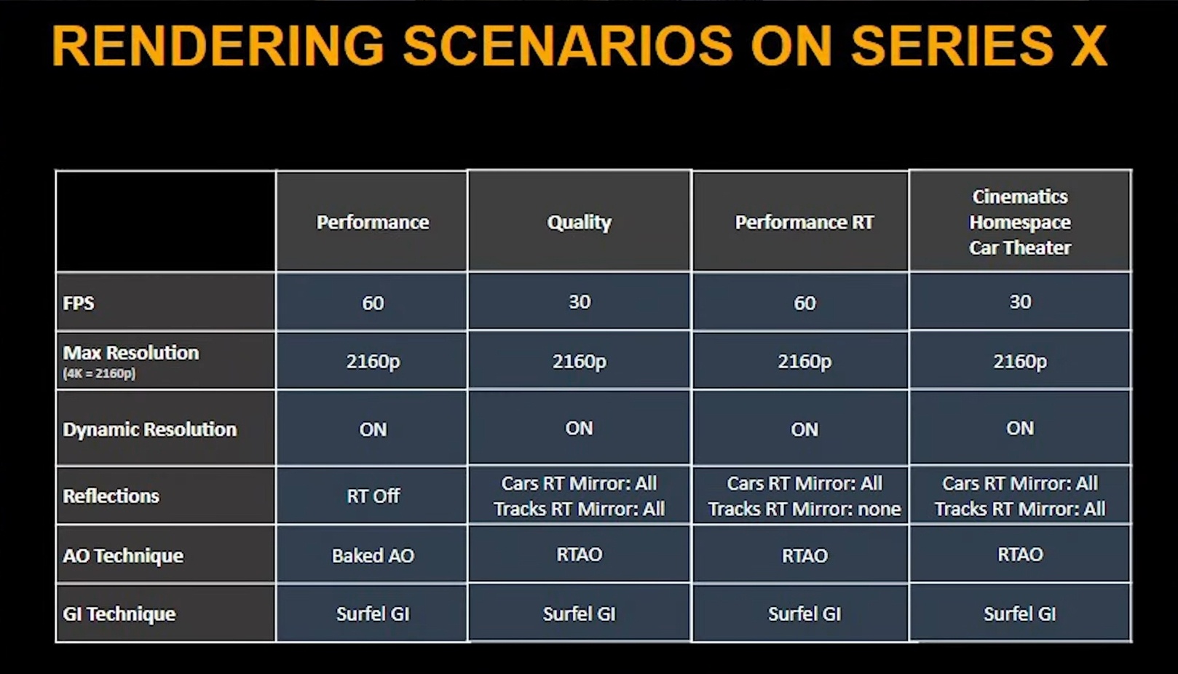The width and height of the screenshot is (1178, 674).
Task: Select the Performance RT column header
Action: coord(804,223)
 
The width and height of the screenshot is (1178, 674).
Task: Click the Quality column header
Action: coord(579,223)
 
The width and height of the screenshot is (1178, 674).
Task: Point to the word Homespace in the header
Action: coord(1020,223)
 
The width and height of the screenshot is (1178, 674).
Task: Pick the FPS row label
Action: coord(79,304)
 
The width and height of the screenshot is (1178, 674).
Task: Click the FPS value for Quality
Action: coord(580,302)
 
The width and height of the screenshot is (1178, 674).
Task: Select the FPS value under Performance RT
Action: coord(805,304)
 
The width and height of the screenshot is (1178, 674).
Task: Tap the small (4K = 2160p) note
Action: coord(99,374)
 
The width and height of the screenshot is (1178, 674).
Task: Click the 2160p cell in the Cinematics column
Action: coord(1020,362)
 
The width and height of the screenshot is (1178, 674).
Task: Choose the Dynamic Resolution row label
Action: coord(150,429)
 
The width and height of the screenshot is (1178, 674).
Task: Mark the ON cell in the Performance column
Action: coord(373,429)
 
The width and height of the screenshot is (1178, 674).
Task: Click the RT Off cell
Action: coord(373,496)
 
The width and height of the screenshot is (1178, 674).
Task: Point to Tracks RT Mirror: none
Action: coord(804,509)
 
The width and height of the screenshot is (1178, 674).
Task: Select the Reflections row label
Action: coord(111,496)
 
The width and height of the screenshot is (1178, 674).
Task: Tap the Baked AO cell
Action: coord(373,555)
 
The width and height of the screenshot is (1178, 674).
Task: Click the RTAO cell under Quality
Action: coord(579,554)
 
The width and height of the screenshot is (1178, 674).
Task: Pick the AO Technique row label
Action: coord(123,555)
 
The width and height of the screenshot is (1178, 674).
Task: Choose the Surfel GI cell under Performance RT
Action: coord(804,614)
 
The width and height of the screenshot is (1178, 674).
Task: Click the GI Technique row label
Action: coord(119,614)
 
